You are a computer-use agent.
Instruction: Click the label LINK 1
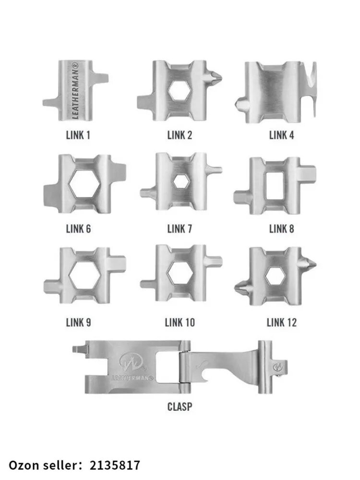(x=78, y=135)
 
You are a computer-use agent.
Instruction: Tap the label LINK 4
(x=281, y=135)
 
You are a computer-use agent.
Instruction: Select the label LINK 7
(x=180, y=228)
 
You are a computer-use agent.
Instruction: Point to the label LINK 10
(x=180, y=323)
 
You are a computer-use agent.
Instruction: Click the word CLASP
(x=180, y=407)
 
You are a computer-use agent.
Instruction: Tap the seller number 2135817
(x=115, y=465)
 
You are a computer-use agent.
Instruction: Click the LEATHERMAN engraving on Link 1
(x=75, y=90)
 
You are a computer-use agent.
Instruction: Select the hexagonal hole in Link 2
(x=180, y=90)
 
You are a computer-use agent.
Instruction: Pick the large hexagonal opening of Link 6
(x=84, y=184)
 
